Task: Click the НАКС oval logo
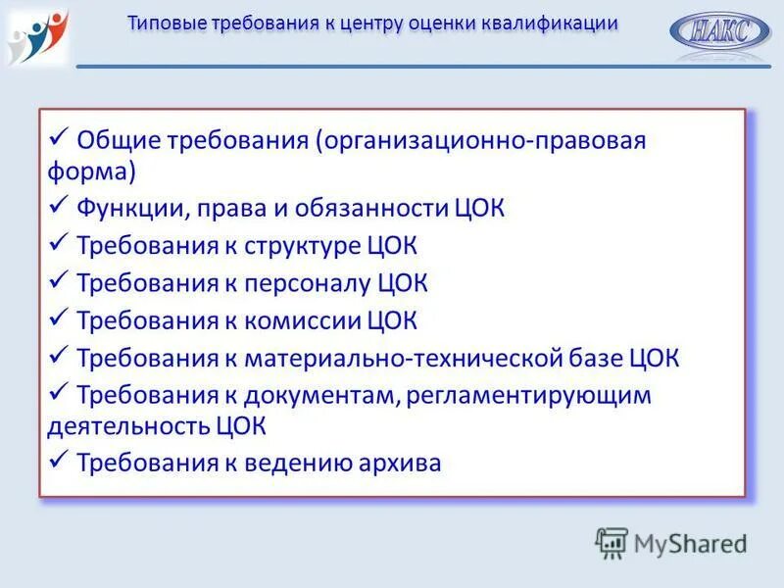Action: coord(720,31)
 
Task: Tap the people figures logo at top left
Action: coord(37,34)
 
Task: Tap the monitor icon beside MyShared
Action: coord(612,542)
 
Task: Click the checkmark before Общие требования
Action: coord(58,136)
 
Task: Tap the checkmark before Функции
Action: coord(58,205)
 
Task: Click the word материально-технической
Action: coord(394,358)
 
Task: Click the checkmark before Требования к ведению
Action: coord(58,459)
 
